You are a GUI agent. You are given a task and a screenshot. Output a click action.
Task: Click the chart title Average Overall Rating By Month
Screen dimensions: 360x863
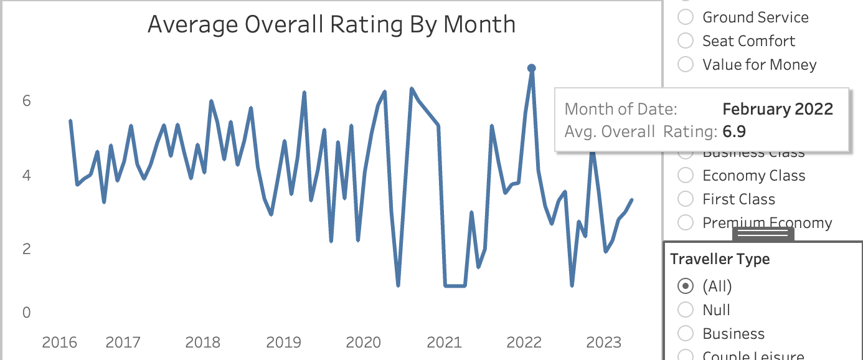[x=331, y=25]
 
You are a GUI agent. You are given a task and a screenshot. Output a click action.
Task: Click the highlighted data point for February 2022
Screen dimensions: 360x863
[x=531, y=69]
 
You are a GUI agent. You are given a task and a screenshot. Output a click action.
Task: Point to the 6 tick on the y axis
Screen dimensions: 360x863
[x=26, y=101]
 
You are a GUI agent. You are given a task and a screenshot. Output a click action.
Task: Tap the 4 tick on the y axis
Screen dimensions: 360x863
[x=26, y=175]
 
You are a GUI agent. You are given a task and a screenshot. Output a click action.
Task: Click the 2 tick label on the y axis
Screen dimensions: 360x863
[x=26, y=249]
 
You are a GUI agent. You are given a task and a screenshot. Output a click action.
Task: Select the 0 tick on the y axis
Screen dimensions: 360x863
[x=26, y=313]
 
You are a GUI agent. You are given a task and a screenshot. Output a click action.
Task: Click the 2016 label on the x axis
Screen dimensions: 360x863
[x=60, y=343]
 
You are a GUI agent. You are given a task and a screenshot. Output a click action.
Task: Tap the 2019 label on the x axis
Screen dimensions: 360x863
[x=283, y=343]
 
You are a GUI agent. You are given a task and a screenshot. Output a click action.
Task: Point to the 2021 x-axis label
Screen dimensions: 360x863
[x=444, y=343]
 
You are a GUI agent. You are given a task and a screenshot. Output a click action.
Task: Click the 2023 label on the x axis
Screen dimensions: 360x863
[x=603, y=343]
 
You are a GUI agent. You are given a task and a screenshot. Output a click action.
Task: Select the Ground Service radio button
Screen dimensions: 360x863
[x=686, y=17]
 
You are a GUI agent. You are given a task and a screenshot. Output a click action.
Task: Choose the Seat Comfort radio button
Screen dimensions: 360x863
[x=686, y=41]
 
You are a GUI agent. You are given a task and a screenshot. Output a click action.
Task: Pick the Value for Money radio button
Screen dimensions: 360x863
[x=686, y=65]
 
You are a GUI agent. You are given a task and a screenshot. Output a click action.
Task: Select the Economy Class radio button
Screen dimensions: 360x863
[x=686, y=176]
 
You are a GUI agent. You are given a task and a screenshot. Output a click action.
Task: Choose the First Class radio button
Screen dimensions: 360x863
[x=686, y=199]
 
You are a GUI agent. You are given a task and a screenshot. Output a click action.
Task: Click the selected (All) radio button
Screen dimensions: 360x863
[x=686, y=287]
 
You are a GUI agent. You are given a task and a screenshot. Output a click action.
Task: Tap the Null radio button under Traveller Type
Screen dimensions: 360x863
[x=686, y=310]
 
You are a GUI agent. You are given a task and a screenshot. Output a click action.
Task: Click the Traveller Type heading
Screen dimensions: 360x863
[x=720, y=259]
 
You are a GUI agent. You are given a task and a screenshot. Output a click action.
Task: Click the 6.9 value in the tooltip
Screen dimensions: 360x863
[x=734, y=131]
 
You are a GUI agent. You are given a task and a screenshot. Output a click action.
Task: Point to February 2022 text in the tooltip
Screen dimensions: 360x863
[x=777, y=109]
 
